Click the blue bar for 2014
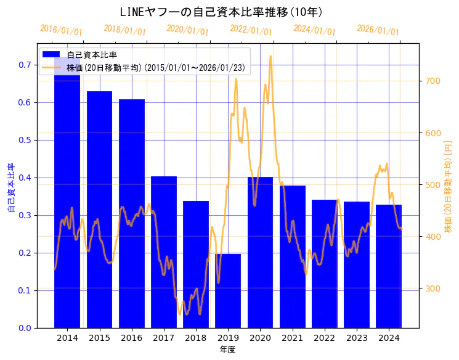[x=67, y=197]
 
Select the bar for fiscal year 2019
[x=228, y=290]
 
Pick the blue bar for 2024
[x=389, y=266]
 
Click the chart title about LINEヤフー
[x=221, y=12]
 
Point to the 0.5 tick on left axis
[x=25, y=140]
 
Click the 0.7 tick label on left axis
[x=25, y=65]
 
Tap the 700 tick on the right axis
[x=433, y=81]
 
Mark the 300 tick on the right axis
[x=433, y=288]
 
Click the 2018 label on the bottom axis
[x=196, y=338]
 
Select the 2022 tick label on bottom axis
[x=324, y=338]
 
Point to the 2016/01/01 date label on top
[x=61, y=30]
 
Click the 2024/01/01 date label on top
[x=314, y=30]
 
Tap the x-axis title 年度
[x=228, y=350]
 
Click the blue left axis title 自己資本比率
[x=10, y=188]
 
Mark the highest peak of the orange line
[x=270, y=56]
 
